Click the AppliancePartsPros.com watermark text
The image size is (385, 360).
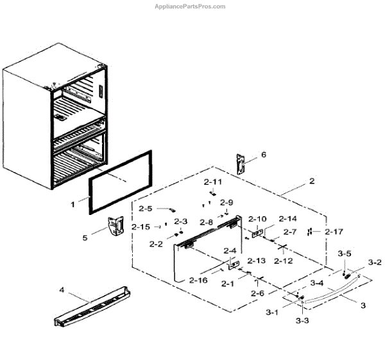190,6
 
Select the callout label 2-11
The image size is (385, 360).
213,182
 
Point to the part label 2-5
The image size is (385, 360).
146,209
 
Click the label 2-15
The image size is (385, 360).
141,227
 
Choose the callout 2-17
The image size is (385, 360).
334,231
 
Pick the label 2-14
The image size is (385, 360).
288,219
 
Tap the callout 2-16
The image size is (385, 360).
199,280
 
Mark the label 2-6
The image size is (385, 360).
257,293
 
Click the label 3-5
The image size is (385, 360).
345,253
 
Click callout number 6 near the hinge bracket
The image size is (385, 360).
262,155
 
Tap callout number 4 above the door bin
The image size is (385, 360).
62,290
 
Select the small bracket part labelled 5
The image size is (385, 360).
115,227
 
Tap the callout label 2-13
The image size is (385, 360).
256,261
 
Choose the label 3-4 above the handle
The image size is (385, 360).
316,282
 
